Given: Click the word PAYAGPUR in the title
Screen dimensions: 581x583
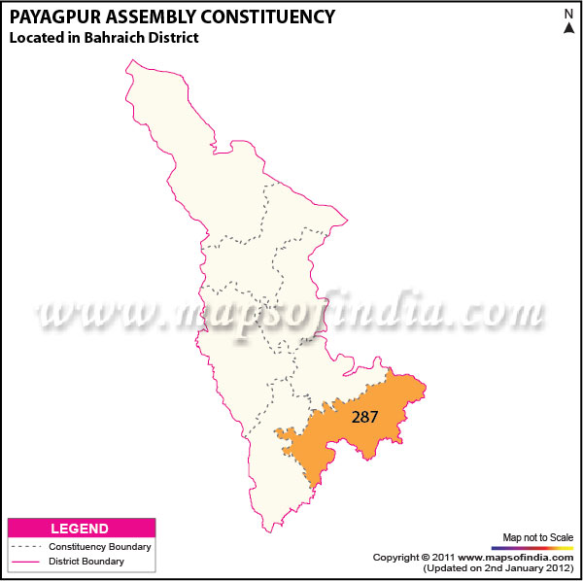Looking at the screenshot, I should tap(51, 17).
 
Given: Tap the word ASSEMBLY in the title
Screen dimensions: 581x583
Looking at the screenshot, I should tap(148, 17).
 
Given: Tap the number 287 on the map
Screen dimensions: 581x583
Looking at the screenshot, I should tap(365, 416).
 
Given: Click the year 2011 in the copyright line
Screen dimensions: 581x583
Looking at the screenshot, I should tap(445, 558).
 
